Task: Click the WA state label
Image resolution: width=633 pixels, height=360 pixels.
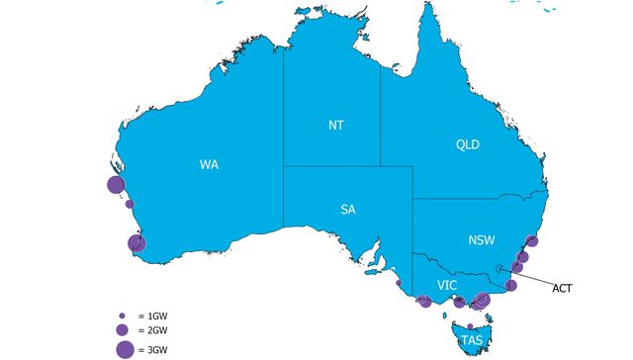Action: point(209,164)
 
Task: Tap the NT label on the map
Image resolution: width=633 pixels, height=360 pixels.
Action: point(336,126)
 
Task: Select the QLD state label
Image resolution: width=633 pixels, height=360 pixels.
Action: point(467,144)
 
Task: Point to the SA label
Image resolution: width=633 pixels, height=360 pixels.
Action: point(348,209)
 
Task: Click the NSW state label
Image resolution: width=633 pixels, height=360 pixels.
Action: point(481,240)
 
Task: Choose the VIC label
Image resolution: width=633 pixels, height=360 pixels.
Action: point(447,286)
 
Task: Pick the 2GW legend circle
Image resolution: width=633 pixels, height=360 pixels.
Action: point(122,329)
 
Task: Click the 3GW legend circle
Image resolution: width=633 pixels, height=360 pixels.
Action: point(124,348)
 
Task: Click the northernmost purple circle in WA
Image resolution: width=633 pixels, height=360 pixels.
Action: point(115,184)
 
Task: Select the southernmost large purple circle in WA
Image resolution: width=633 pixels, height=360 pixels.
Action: point(136,243)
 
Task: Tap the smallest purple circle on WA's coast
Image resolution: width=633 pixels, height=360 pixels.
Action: point(129,205)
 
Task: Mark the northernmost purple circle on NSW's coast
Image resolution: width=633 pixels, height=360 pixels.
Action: point(530,240)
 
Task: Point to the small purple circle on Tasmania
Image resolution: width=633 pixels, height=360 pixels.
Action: point(470,325)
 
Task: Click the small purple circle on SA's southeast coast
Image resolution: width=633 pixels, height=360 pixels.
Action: point(399,283)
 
